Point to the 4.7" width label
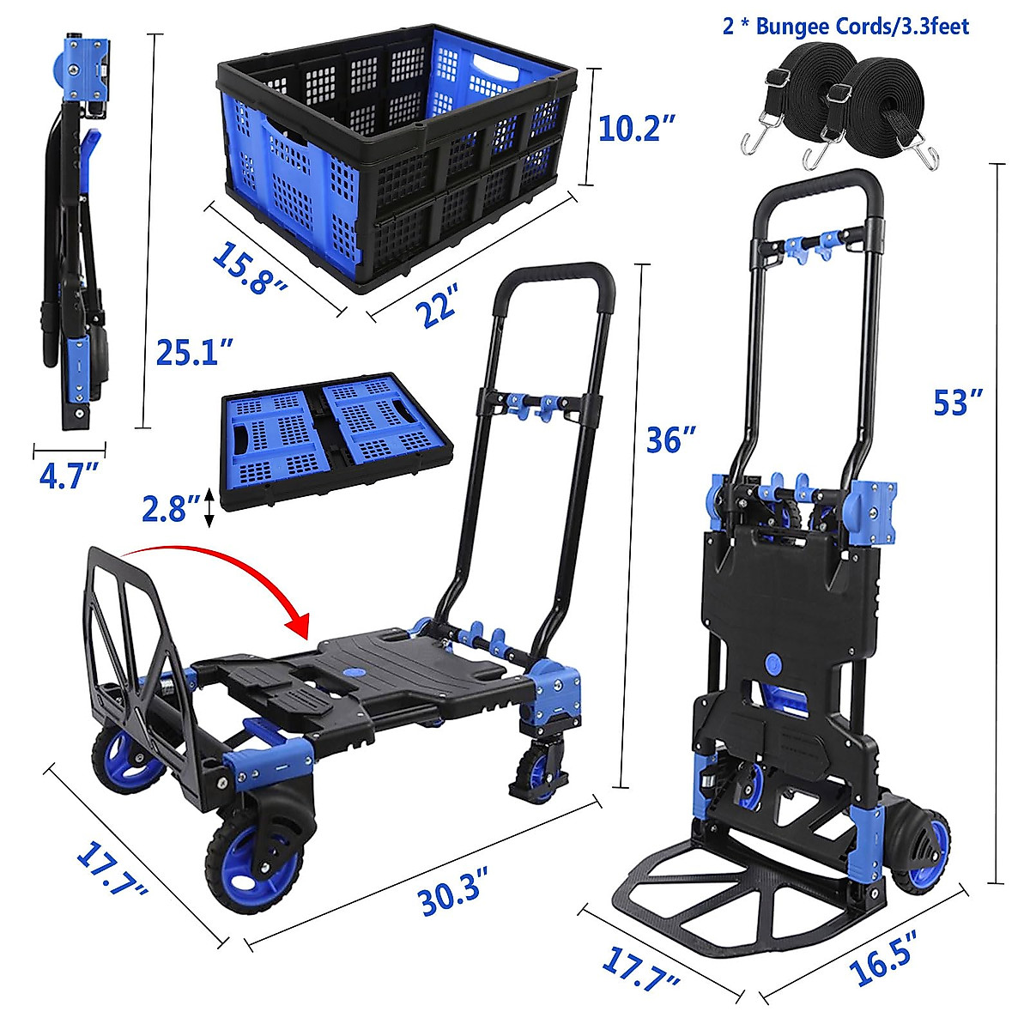70,475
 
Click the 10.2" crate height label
631,129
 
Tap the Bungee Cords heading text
845,27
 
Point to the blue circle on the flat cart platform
353,672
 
